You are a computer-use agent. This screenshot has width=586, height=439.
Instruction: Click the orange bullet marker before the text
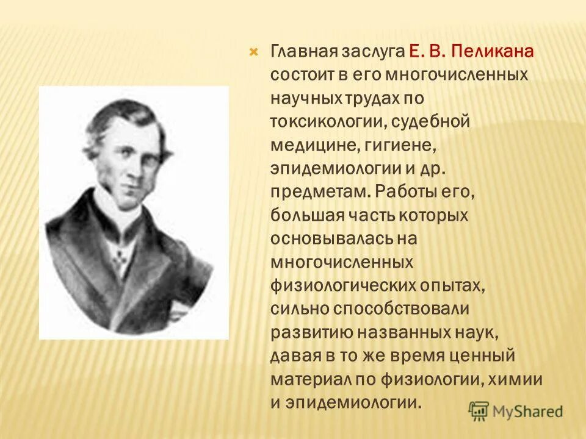[x=254, y=52]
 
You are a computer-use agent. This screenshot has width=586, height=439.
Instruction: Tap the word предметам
[x=320, y=191]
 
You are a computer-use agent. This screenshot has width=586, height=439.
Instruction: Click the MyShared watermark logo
[x=516, y=411]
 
